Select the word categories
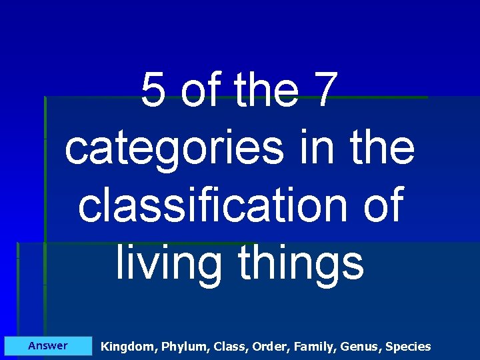[173, 149]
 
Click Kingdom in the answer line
[126, 347]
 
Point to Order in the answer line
[273, 347]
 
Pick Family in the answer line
[316, 347]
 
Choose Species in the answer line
[408, 347]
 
